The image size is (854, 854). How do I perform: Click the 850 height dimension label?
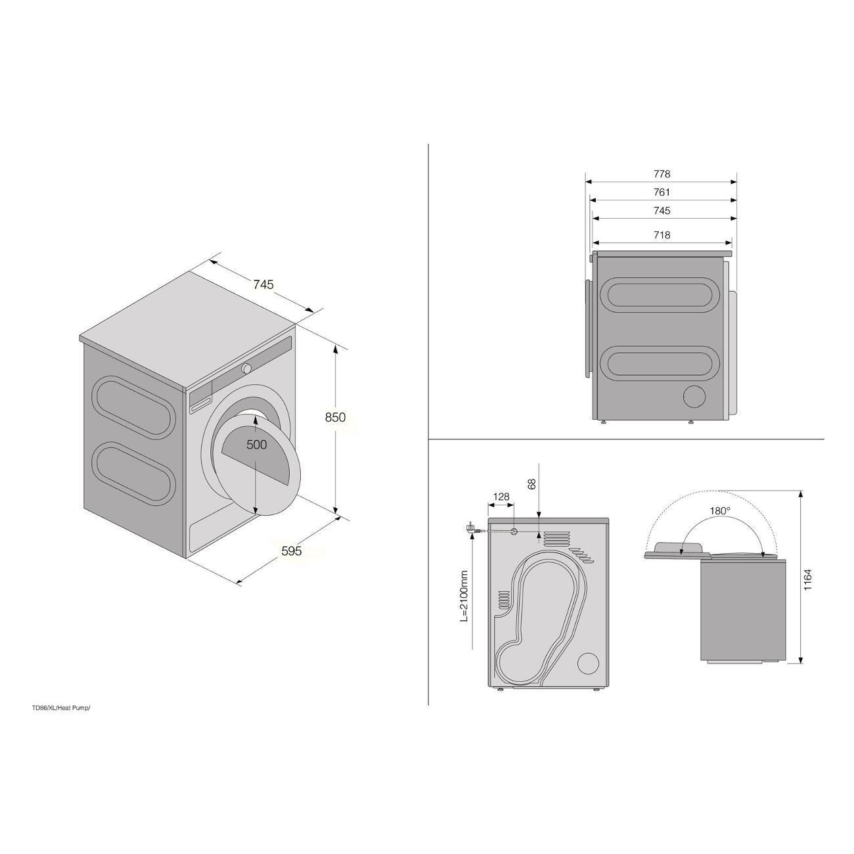click(335, 417)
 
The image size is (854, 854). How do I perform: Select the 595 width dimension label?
click(292, 551)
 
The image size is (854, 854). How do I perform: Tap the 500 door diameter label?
click(257, 444)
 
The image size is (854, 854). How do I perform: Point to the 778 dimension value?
click(662, 174)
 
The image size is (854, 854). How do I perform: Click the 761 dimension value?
click(662, 192)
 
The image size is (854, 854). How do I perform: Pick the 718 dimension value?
click(662, 235)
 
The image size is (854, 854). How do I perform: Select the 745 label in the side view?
click(662, 211)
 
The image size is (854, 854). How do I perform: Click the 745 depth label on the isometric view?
click(263, 284)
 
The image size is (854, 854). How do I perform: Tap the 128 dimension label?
click(501, 497)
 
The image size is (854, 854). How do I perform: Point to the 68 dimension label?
click(532, 483)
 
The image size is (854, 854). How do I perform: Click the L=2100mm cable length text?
click(464, 596)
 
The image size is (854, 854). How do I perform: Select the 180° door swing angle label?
click(720, 511)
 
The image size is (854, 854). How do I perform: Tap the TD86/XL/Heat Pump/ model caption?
click(61, 708)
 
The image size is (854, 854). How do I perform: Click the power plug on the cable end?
click(470, 529)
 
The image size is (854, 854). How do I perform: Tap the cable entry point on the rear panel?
click(514, 531)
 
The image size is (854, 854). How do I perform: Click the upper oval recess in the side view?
click(660, 295)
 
